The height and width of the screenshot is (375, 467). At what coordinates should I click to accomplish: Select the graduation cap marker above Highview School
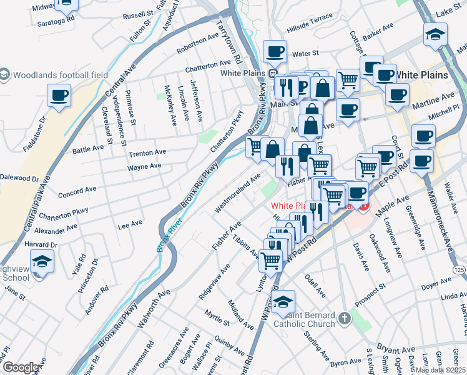click(x=42, y=261)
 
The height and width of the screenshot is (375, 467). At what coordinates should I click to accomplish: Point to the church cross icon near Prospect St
click(x=343, y=319)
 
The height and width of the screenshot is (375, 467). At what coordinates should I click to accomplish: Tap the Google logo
click(x=21, y=367)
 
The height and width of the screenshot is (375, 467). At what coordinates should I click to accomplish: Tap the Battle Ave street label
click(x=88, y=149)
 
